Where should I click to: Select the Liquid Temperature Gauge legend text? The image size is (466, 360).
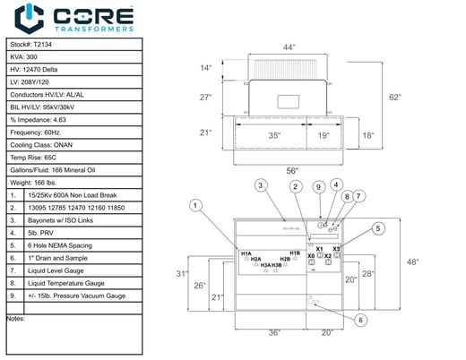71,282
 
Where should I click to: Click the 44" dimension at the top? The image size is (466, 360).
289,46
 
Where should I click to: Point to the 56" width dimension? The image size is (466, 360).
291,170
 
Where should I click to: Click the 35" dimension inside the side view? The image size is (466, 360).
273,136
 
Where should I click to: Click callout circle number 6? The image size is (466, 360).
358,320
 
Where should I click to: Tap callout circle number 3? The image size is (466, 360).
261,185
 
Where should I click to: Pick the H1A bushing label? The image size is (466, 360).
246,254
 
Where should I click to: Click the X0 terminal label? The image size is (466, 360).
311,256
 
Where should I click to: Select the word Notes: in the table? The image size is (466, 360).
16,318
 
